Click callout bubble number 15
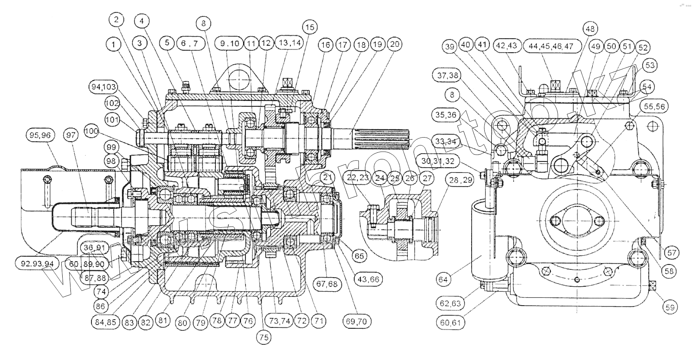(310, 27)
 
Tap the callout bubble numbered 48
(590, 29)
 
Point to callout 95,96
(40, 135)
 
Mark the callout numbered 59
(670, 307)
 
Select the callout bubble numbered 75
(264, 337)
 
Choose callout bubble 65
(359, 255)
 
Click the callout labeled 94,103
(103, 87)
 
